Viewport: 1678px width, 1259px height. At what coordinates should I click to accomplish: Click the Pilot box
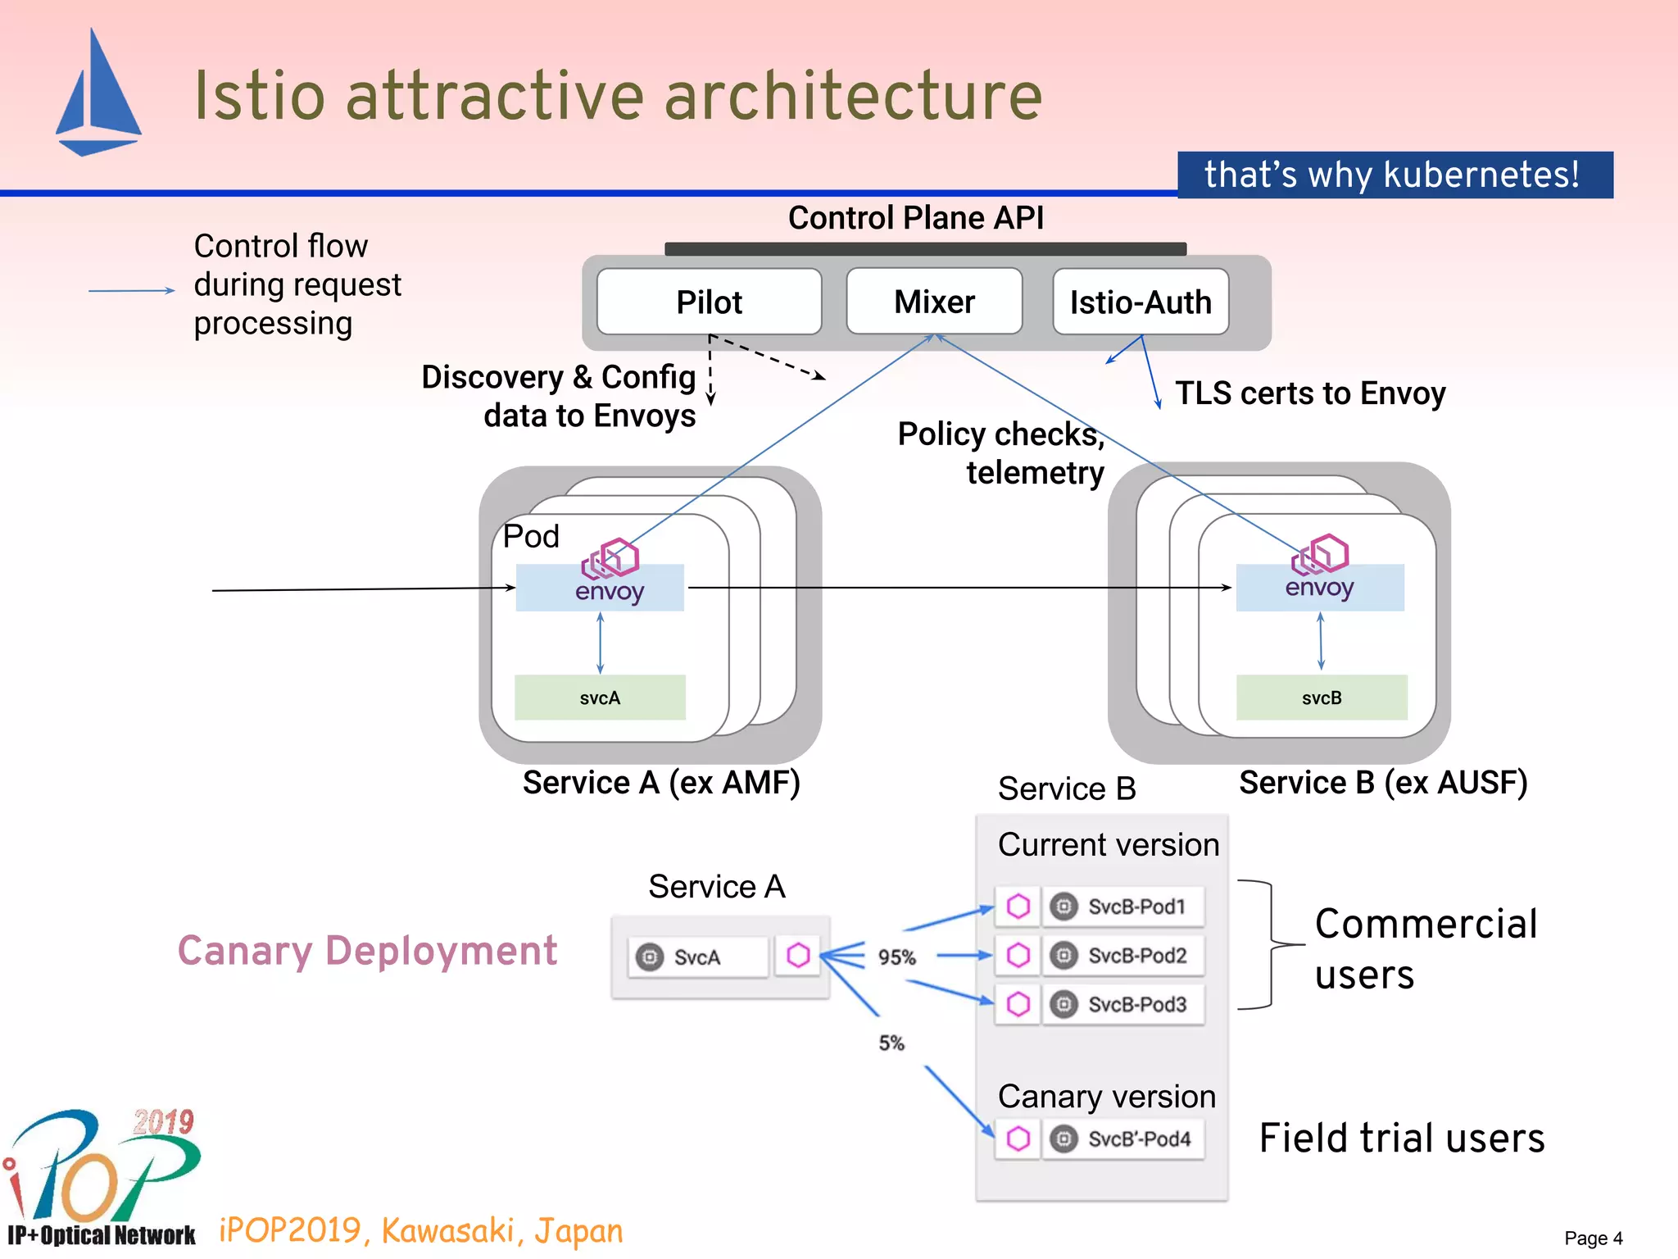click(x=709, y=302)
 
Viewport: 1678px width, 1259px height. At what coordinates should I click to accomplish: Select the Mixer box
click(x=934, y=302)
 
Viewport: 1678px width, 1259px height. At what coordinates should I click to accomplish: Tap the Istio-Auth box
click(x=1140, y=302)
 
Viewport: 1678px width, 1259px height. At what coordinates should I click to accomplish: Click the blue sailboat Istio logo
click(x=98, y=94)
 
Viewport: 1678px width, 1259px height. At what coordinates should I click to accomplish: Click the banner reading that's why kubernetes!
click(x=1395, y=175)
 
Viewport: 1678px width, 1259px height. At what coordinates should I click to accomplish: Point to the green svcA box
click(x=600, y=698)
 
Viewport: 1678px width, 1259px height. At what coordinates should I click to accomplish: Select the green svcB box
click(x=1321, y=698)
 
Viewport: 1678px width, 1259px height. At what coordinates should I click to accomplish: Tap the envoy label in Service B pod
click(x=1319, y=587)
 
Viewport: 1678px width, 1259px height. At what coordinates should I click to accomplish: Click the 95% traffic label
click(x=897, y=957)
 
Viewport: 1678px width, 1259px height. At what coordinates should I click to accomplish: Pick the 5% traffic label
click(x=891, y=1043)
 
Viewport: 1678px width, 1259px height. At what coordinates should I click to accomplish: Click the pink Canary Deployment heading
click(x=367, y=951)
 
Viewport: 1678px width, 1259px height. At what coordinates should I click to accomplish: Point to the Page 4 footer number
click(x=1593, y=1238)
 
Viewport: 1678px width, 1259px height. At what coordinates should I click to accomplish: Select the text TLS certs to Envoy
click(x=1309, y=393)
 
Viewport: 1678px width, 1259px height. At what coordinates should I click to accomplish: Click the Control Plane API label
click(x=915, y=218)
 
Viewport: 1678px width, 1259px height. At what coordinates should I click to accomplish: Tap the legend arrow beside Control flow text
click(x=131, y=290)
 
